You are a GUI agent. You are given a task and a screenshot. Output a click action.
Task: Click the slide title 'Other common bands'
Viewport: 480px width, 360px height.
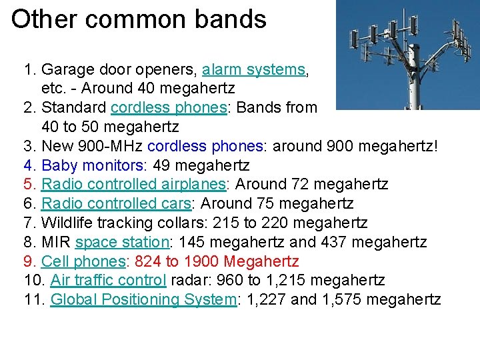(x=139, y=19)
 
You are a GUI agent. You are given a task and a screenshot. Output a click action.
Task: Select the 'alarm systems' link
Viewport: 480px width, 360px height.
(x=254, y=69)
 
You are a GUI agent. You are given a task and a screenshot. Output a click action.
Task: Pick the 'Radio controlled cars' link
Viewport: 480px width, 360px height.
(x=118, y=203)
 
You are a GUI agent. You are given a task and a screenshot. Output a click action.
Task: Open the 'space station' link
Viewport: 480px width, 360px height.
(x=122, y=242)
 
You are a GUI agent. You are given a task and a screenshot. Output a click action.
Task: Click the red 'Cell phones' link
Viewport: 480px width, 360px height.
(x=83, y=261)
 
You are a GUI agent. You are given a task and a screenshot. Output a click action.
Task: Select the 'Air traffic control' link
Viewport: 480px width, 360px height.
(x=109, y=280)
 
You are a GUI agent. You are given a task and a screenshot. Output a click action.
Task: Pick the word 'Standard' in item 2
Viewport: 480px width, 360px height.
(x=74, y=108)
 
